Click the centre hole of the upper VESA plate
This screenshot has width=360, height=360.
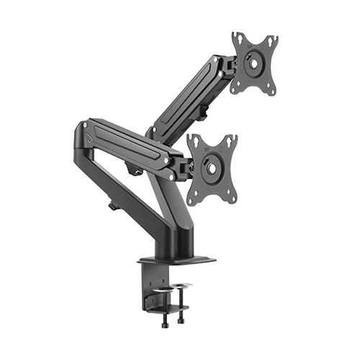coord(254,63)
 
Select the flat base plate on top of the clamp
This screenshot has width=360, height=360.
coord(176,258)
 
